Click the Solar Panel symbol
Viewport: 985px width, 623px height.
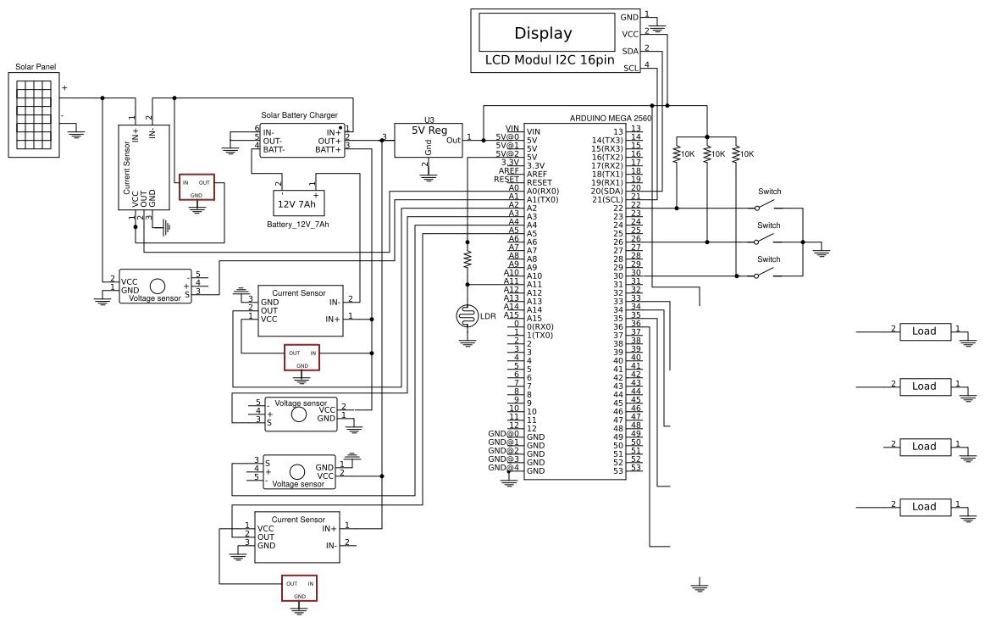tap(33, 113)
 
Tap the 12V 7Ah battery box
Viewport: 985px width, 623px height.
tap(296, 203)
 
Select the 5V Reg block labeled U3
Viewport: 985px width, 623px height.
tap(429, 137)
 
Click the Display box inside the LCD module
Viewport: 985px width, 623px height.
tap(543, 34)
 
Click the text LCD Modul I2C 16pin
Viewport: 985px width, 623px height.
tap(549, 61)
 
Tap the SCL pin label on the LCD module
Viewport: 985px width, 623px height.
tap(631, 68)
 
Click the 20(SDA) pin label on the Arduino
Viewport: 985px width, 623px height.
tap(607, 191)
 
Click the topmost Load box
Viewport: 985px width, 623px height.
tap(924, 331)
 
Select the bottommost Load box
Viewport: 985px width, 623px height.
tap(924, 507)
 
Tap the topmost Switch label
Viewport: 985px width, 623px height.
tap(769, 192)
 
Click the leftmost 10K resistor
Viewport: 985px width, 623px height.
tap(678, 154)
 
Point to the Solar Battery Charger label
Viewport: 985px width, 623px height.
tap(299, 115)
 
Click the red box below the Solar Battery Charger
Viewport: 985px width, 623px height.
tap(196, 187)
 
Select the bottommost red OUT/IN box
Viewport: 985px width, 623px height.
tap(300, 588)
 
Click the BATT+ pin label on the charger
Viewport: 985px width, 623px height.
tap(328, 149)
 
